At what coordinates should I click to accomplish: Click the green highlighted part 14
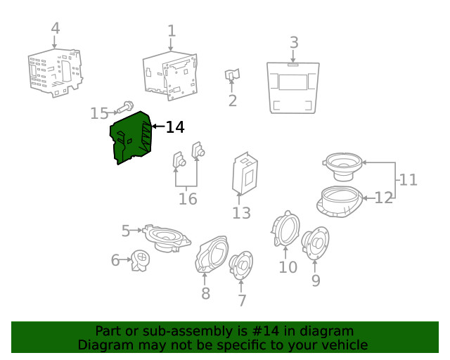(x=131, y=138)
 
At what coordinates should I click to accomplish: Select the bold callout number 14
(x=175, y=127)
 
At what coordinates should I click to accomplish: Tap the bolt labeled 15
(x=125, y=108)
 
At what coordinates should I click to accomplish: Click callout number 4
(x=55, y=28)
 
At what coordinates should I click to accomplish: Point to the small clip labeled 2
(x=232, y=75)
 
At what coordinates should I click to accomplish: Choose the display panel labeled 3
(x=293, y=88)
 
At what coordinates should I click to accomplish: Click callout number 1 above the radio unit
(x=172, y=31)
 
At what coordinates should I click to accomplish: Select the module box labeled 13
(x=245, y=174)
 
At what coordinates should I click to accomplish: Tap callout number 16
(x=188, y=199)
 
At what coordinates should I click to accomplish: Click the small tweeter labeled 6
(x=140, y=260)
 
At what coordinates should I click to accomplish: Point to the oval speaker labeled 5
(x=167, y=238)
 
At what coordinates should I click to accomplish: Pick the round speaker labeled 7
(x=241, y=265)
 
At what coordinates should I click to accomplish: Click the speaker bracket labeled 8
(x=212, y=254)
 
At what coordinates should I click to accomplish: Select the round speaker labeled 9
(x=315, y=243)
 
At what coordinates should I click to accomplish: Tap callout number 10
(x=288, y=267)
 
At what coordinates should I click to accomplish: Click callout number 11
(x=408, y=180)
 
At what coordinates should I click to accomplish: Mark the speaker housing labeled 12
(x=340, y=202)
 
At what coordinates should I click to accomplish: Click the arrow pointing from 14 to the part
(x=158, y=127)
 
